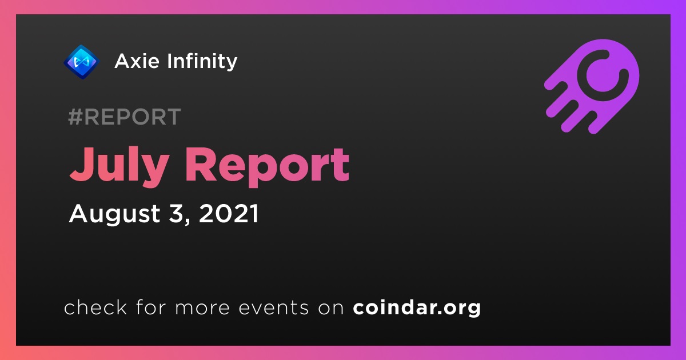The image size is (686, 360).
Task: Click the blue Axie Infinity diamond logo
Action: (x=81, y=62)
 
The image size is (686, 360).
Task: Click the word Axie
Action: (x=137, y=61)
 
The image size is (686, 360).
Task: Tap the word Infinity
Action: (x=202, y=62)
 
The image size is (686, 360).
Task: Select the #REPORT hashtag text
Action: (x=125, y=117)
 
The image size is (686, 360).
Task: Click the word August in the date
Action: (x=114, y=214)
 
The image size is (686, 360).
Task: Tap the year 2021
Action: (x=229, y=213)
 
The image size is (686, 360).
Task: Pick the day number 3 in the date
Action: (x=176, y=213)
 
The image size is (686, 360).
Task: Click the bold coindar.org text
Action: (x=417, y=307)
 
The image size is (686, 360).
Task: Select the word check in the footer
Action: (x=95, y=307)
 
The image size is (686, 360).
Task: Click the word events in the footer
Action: (x=273, y=307)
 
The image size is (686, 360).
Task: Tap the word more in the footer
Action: (x=202, y=308)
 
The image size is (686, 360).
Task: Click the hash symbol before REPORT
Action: (x=75, y=117)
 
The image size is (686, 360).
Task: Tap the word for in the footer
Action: (x=151, y=307)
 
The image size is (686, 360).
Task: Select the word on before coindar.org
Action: (x=331, y=308)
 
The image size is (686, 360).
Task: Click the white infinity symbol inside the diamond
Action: (x=82, y=62)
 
